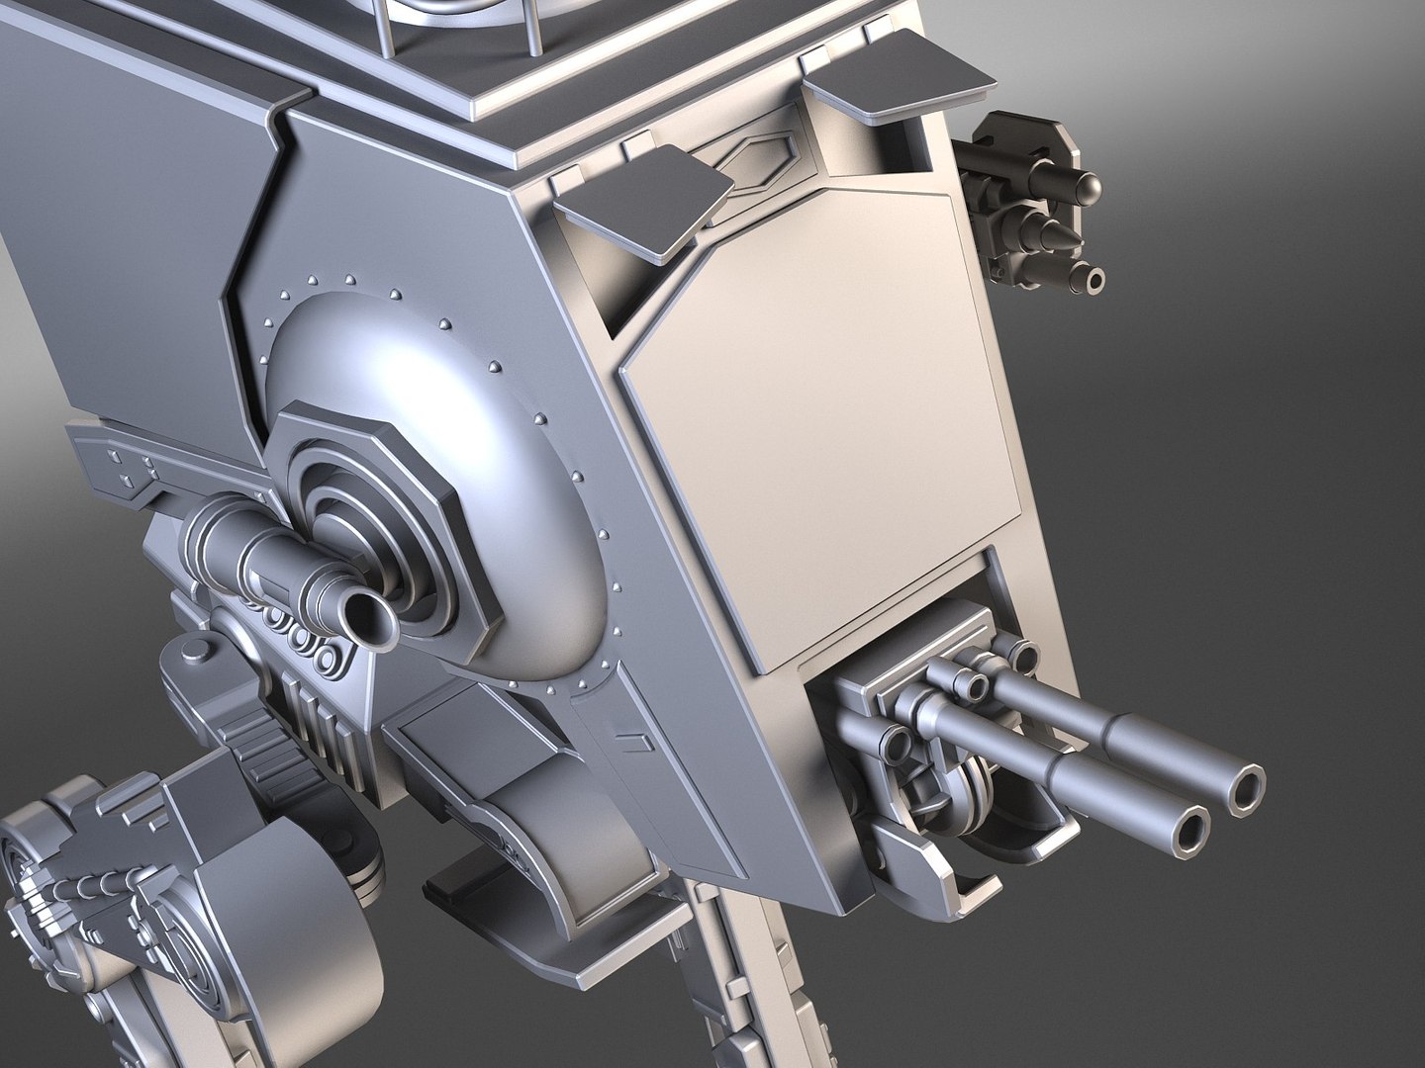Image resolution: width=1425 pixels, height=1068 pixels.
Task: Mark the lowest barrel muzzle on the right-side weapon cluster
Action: (x=1093, y=281)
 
